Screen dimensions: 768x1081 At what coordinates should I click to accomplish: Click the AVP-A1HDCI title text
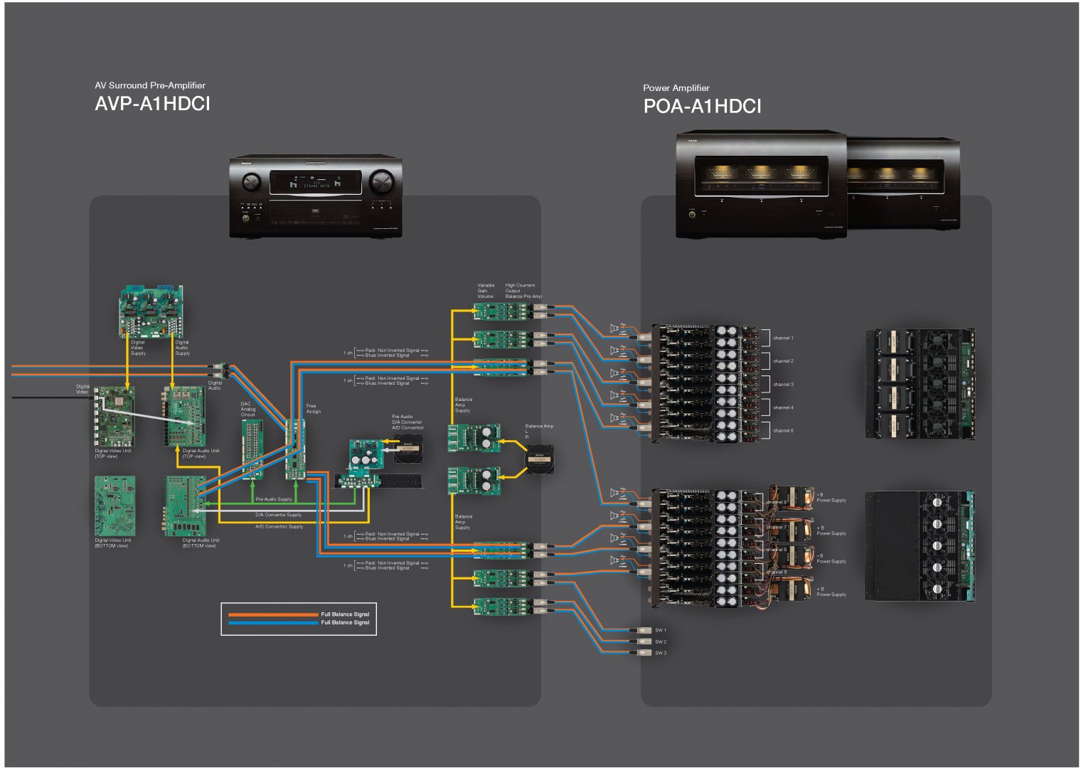152,104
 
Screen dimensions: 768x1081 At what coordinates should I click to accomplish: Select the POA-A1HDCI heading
702,107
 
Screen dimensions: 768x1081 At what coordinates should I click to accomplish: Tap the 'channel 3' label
783,384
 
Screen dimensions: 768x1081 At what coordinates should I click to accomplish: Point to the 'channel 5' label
783,430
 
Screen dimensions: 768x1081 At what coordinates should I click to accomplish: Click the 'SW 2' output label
661,641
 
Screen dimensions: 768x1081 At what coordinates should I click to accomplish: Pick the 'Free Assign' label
313,408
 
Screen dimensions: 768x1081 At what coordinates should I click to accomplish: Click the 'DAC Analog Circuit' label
247,409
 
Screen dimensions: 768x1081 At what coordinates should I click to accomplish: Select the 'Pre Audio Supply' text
274,499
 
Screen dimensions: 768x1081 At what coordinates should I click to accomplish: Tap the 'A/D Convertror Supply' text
279,526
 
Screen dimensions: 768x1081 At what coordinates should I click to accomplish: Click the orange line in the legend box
273,614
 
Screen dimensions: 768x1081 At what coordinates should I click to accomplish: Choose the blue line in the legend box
273,623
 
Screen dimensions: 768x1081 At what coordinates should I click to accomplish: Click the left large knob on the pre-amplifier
252,182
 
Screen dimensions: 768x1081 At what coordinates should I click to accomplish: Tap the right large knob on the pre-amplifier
381,182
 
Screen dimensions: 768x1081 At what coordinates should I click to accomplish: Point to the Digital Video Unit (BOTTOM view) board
115,505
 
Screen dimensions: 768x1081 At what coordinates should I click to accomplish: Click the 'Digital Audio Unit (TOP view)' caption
201,453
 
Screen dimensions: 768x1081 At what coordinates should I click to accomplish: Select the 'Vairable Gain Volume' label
486,290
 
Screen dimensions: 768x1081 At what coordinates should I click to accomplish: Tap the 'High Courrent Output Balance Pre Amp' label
523,290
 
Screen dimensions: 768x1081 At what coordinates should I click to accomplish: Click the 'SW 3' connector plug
643,653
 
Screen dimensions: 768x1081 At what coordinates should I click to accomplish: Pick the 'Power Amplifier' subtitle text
676,88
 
